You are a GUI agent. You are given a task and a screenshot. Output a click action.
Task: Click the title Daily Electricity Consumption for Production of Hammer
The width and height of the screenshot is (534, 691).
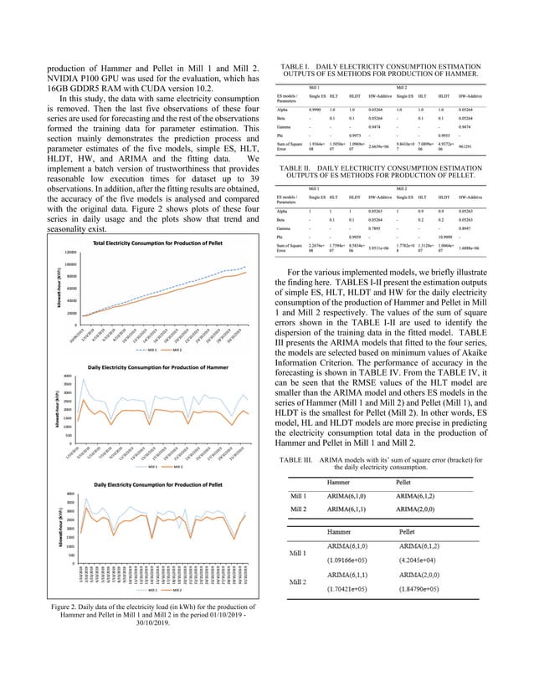click(153, 367)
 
